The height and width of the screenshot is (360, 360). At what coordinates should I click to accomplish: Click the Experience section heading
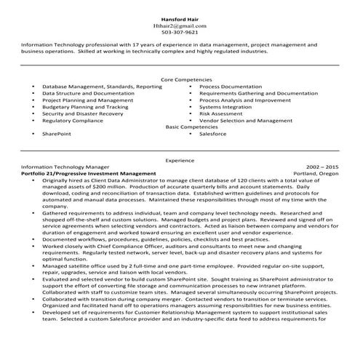click(x=180, y=159)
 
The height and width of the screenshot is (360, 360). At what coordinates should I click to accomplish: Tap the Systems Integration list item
click(x=226, y=106)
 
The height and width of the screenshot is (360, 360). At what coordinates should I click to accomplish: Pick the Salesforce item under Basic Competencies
click(x=213, y=134)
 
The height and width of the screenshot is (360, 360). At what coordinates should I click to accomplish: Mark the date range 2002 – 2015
click(x=322, y=167)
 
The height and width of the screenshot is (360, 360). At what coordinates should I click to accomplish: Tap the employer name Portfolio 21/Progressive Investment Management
click(x=89, y=174)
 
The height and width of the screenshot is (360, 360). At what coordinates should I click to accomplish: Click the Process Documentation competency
click(x=231, y=86)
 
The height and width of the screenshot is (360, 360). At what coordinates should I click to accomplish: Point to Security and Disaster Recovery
click(x=82, y=113)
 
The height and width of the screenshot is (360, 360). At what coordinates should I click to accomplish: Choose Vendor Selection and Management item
click(x=246, y=120)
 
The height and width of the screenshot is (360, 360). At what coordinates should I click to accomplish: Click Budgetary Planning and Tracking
click(x=85, y=106)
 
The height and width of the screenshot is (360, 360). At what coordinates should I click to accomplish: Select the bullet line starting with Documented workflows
click(x=145, y=239)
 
